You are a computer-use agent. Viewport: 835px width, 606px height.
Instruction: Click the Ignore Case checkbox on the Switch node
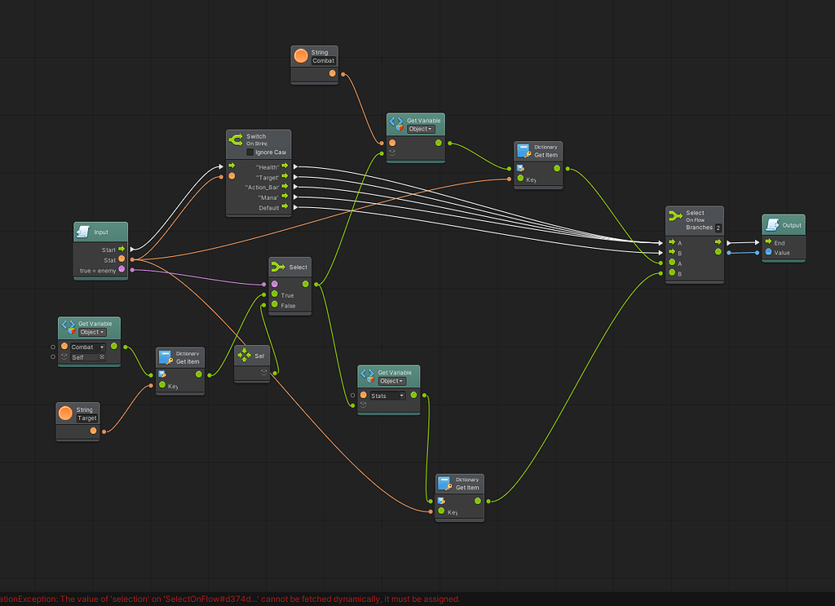[250, 153]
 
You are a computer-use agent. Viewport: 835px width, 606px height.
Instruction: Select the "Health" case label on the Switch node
[267, 166]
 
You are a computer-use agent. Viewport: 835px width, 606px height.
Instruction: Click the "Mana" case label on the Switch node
[268, 197]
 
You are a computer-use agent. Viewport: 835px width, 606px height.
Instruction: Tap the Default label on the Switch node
[268, 208]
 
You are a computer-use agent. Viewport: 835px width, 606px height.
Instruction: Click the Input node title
[101, 232]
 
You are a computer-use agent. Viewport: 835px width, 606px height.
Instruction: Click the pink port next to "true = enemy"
[121, 269]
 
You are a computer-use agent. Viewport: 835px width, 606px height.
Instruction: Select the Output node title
[791, 225]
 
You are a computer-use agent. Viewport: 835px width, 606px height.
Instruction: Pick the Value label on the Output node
[782, 253]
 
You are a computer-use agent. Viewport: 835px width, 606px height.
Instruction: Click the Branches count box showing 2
[718, 228]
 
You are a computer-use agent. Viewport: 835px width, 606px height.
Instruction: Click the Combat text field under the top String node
[323, 61]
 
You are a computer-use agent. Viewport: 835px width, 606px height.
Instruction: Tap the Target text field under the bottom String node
[86, 418]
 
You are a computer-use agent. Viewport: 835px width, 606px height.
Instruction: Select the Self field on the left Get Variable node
[87, 357]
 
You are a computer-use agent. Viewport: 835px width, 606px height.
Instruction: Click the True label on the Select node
[287, 295]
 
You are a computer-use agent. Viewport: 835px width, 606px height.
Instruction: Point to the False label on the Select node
[288, 306]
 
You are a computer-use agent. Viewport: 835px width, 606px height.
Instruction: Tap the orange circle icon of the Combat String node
[301, 56]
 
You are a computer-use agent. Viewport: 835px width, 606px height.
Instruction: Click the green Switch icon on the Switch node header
[236, 139]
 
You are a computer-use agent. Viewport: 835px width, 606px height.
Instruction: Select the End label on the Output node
[780, 242]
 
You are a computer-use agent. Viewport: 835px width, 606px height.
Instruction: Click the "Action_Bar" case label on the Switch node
[262, 187]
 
